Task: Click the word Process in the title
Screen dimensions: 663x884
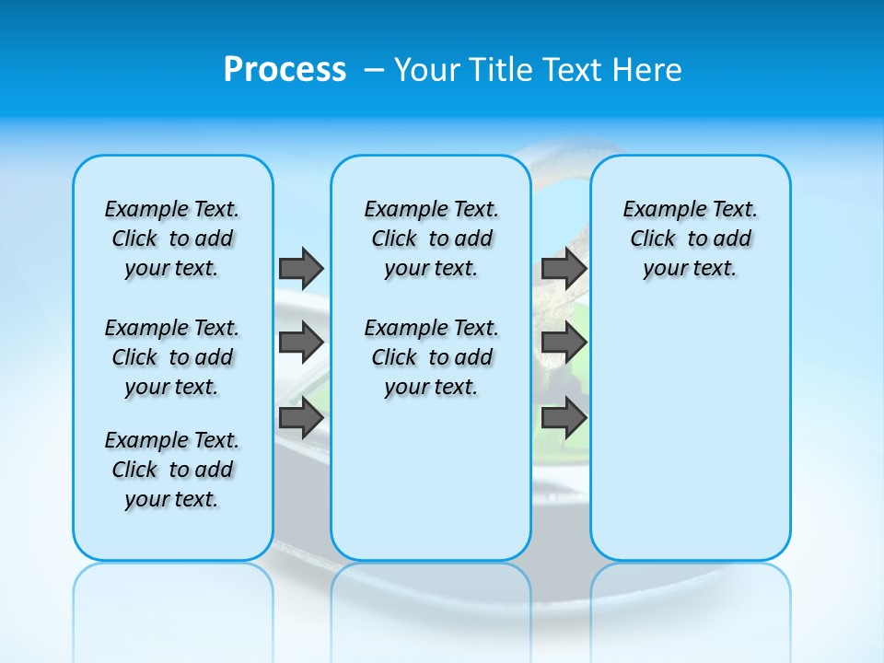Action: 285,70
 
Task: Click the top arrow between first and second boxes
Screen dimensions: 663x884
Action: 301,268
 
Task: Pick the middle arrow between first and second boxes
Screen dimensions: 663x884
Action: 301,343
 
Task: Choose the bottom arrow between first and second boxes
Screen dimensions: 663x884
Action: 301,418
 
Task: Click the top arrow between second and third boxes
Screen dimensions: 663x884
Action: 564,268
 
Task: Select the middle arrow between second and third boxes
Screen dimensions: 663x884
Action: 564,343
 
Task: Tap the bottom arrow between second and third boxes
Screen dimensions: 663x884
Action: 564,418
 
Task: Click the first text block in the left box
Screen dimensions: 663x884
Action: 172,238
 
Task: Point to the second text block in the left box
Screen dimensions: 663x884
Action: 172,357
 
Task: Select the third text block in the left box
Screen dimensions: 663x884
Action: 172,470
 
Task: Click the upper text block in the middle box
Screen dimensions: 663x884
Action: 431,238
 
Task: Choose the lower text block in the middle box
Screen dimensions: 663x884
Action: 431,357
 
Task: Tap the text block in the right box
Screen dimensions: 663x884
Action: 690,238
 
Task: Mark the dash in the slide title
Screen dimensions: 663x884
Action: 374,70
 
